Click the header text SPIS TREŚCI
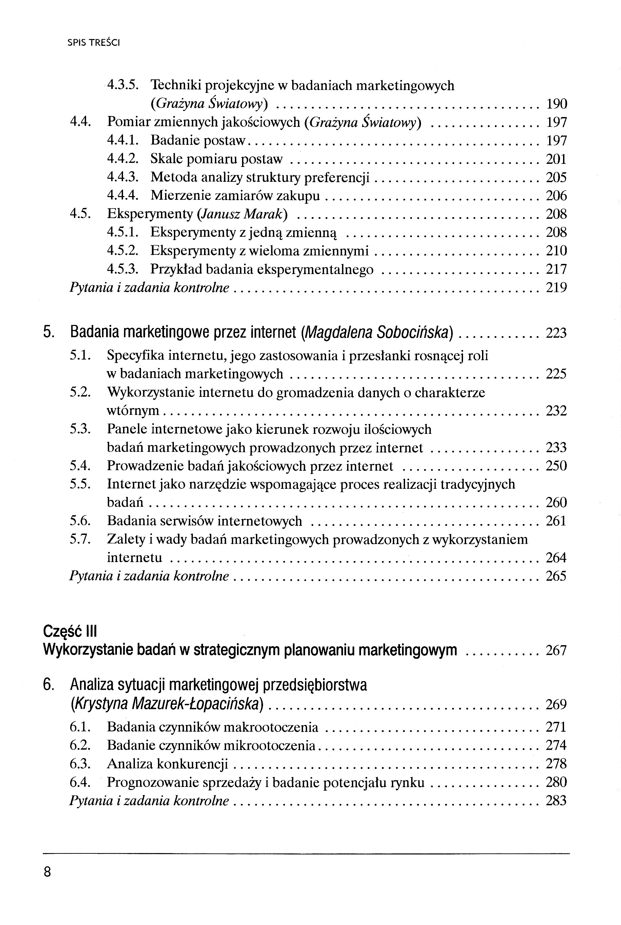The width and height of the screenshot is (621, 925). [94, 43]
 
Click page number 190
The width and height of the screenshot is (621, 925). [557, 104]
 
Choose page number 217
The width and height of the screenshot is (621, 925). [557, 269]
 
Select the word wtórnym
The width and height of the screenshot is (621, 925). [133, 410]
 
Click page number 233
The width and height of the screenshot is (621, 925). [557, 447]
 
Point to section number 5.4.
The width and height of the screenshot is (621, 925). [80, 466]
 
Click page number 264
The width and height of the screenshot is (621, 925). [557, 558]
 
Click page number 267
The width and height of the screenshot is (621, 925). [557, 650]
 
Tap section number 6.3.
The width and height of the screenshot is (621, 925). [80, 764]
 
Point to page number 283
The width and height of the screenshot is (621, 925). [557, 801]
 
